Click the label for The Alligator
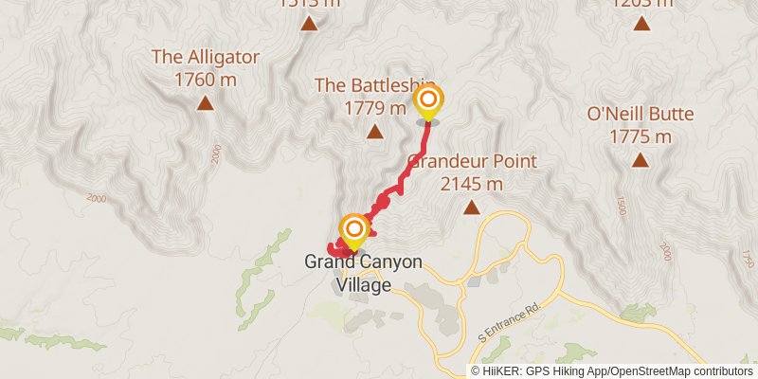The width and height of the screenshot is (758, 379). (206, 57)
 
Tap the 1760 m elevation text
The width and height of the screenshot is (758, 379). (206, 80)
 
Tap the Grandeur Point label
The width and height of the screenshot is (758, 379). (472, 160)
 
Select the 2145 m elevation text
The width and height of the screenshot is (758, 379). (471, 183)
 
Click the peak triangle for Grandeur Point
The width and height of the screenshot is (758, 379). (472, 207)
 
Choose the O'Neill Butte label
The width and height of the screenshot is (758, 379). (641, 115)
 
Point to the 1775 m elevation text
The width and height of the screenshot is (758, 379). (641, 137)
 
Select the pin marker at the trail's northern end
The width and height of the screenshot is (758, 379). (428, 100)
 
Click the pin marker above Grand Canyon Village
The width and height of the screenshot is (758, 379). (354, 228)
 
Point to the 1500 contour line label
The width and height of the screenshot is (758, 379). (622, 206)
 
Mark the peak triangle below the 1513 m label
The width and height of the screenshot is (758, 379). (309, 24)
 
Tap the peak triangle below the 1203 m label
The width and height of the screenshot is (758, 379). (642, 23)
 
